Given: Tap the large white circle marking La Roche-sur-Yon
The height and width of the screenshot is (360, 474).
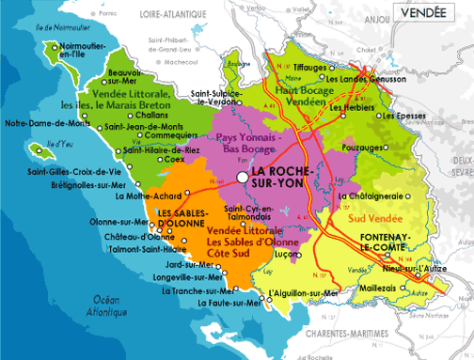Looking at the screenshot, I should click(243, 176).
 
